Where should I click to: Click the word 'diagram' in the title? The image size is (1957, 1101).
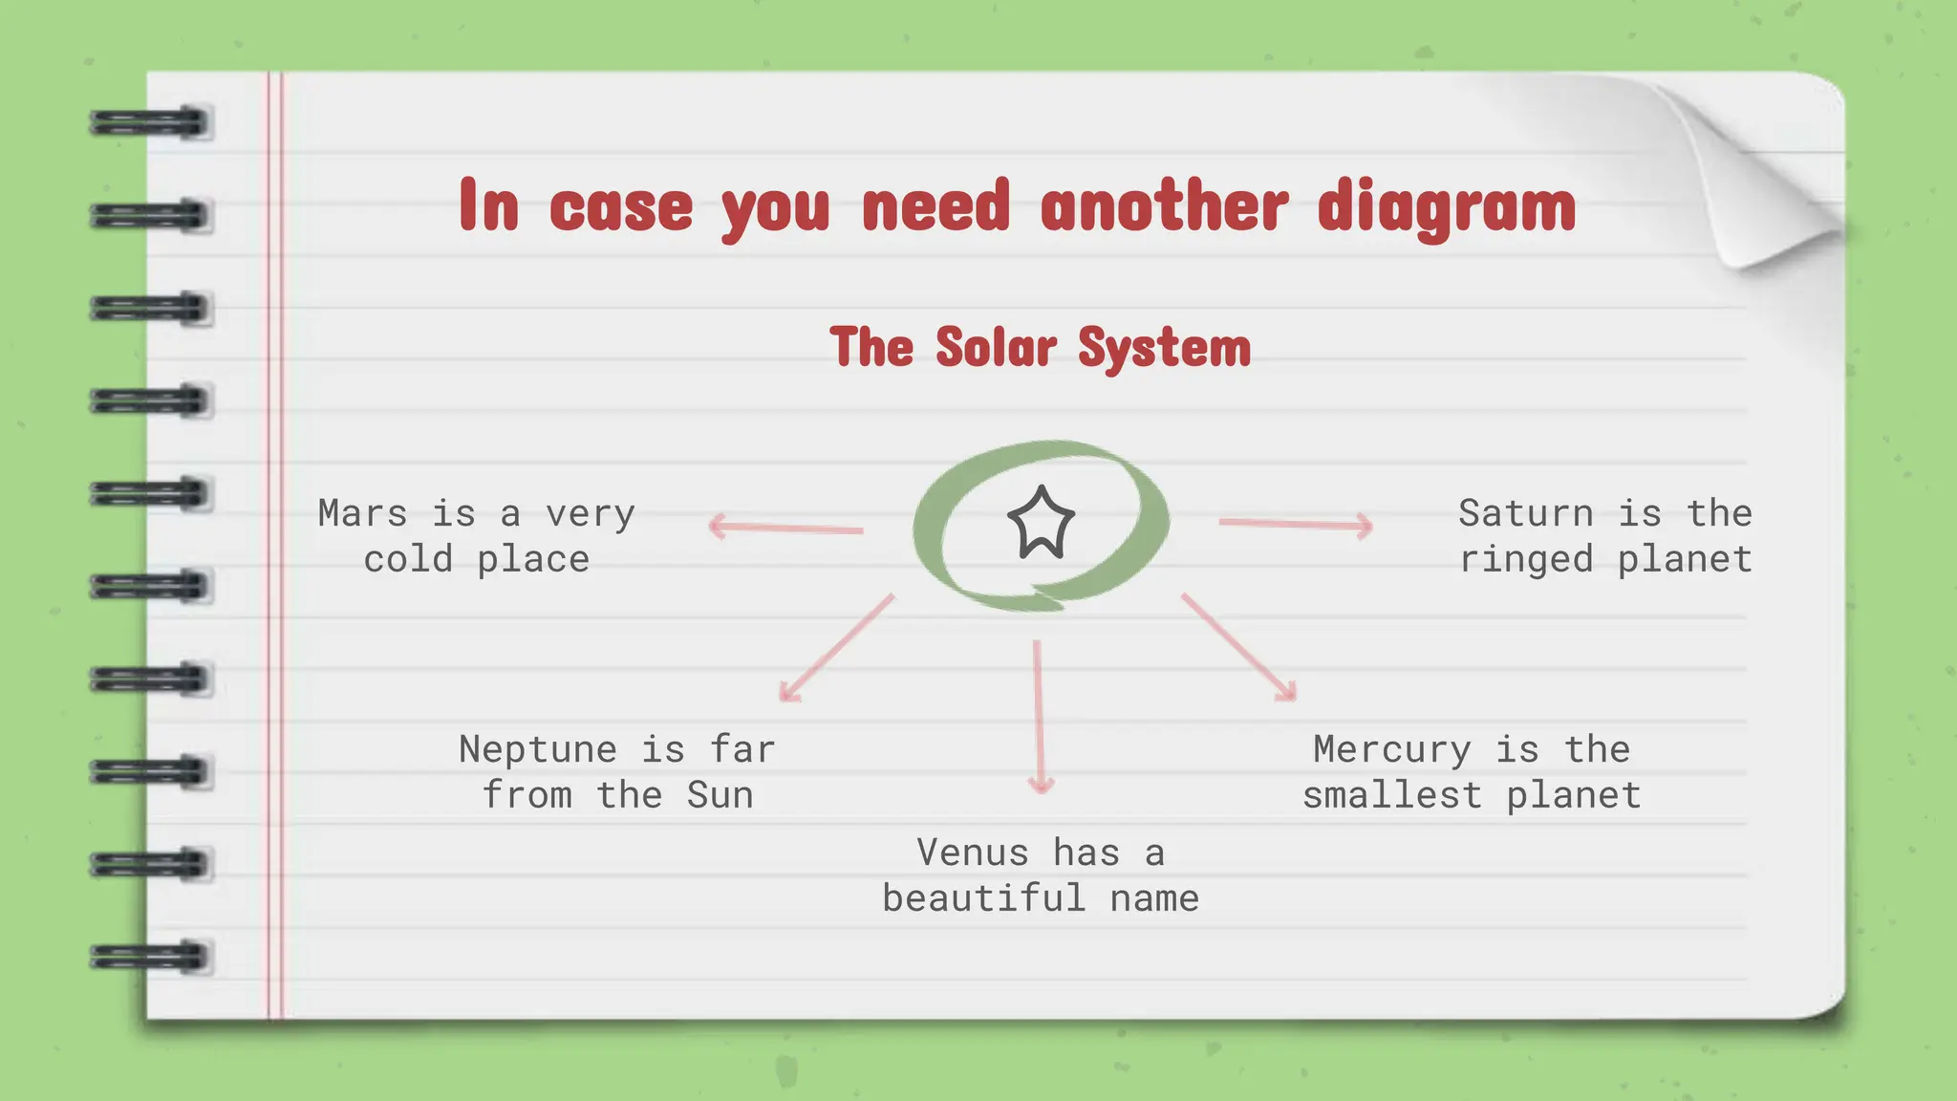(x=1446, y=206)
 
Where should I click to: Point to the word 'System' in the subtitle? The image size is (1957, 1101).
(x=1164, y=348)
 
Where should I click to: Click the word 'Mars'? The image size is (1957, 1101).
(x=362, y=513)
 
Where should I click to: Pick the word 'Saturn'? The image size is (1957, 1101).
(x=1525, y=513)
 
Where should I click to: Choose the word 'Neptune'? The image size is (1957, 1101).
(x=537, y=749)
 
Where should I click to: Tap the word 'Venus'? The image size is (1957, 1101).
(x=972, y=853)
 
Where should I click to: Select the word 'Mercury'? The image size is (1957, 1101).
(x=1391, y=750)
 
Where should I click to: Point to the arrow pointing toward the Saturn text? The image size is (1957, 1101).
(x=1296, y=524)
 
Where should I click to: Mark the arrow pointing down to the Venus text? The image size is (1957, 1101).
(x=1039, y=717)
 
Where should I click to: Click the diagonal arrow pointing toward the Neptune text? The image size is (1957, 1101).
(x=836, y=649)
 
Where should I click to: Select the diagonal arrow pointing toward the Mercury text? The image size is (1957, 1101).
(x=1239, y=648)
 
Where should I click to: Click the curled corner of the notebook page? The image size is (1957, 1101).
(x=1768, y=182)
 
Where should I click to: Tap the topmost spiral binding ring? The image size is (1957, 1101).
(x=150, y=123)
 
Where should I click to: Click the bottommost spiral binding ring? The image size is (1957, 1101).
(x=150, y=957)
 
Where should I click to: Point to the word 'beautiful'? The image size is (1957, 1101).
(x=983, y=898)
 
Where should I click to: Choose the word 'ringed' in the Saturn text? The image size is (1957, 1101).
(x=1526, y=559)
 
